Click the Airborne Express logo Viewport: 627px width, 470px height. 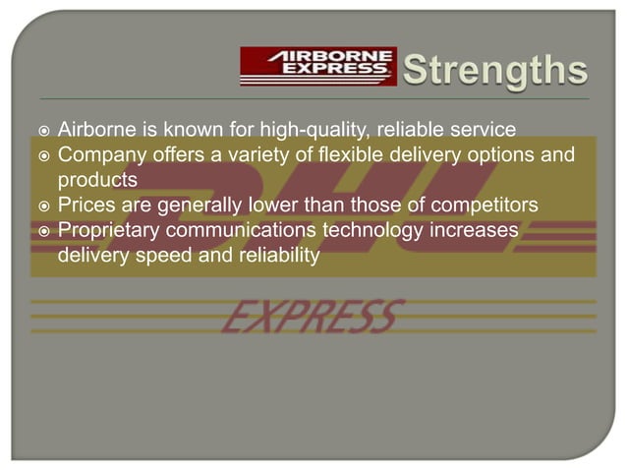click(317, 67)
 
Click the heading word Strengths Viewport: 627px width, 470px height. click(496, 71)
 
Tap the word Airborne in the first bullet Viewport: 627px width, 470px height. click(96, 129)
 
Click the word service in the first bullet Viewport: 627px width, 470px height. click(479, 129)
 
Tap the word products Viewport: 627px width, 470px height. click(97, 180)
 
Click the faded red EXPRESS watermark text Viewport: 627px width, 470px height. click(313, 317)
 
